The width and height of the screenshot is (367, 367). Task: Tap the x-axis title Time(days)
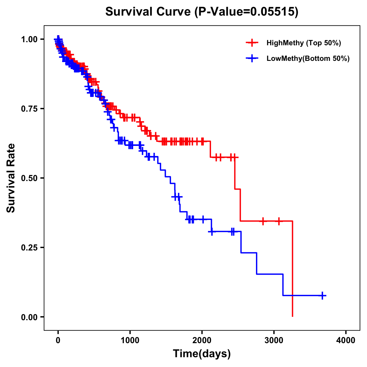coord(202,354)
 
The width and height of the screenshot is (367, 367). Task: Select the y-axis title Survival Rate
coord(11,178)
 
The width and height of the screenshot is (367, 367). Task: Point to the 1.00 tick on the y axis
coord(29,39)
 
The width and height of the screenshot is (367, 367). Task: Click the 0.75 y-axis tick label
coord(29,109)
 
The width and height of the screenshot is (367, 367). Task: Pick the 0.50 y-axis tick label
coord(29,178)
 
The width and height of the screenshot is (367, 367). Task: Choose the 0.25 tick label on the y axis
coord(29,248)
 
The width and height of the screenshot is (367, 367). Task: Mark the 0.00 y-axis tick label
coord(29,317)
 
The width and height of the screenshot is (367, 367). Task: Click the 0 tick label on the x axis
coord(58,340)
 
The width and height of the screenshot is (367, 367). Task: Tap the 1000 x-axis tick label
coord(130,340)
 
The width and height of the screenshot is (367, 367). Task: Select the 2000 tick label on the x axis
coord(202,340)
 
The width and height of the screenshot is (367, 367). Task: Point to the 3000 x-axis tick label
coord(274,340)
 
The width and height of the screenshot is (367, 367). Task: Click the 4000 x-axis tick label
coord(346,340)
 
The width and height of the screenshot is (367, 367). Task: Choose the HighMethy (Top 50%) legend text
coord(304,43)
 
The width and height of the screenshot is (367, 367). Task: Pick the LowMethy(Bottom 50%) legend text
coord(308,58)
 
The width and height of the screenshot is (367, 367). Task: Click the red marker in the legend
coord(252,43)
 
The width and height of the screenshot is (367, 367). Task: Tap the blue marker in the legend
coord(252,58)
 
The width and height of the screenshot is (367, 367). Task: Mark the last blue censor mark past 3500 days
coord(322,295)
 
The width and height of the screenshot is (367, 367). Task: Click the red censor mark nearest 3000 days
coord(279,221)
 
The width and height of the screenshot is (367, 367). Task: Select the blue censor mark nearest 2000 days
coord(203,219)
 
